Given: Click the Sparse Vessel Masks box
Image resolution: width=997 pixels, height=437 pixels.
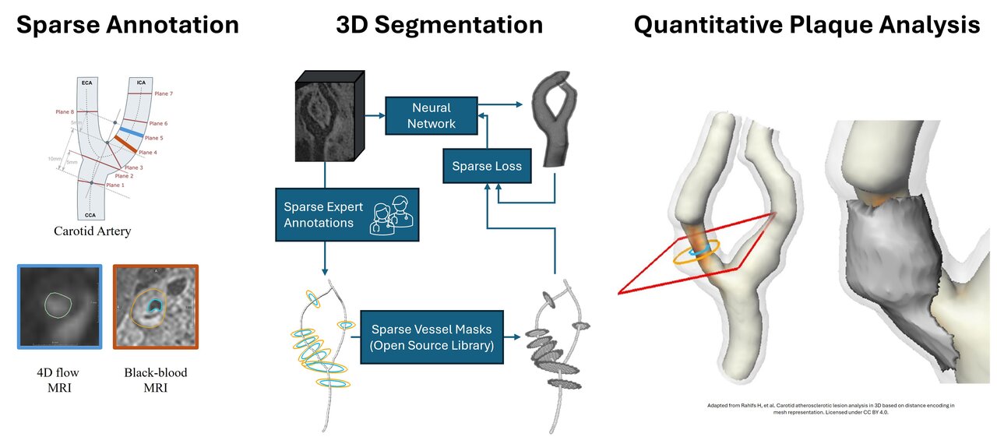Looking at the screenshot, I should click(431, 337).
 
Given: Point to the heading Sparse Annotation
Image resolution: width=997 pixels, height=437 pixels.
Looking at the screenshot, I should click(128, 25).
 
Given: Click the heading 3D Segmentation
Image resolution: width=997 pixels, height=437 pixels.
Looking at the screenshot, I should click(439, 25).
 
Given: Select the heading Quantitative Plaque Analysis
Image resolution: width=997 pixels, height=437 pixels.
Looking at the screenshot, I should click(806, 25).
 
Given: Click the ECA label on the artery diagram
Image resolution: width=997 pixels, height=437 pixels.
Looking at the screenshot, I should click(86, 82).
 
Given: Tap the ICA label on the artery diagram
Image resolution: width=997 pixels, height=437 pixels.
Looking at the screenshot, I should click(140, 82).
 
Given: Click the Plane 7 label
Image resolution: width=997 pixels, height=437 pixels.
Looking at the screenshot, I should click(163, 93).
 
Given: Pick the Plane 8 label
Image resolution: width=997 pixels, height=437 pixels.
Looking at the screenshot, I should click(65, 111).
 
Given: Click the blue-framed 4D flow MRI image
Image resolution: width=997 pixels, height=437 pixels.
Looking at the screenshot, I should click(60, 305).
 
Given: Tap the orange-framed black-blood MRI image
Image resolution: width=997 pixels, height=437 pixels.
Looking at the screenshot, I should click(156, 305).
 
